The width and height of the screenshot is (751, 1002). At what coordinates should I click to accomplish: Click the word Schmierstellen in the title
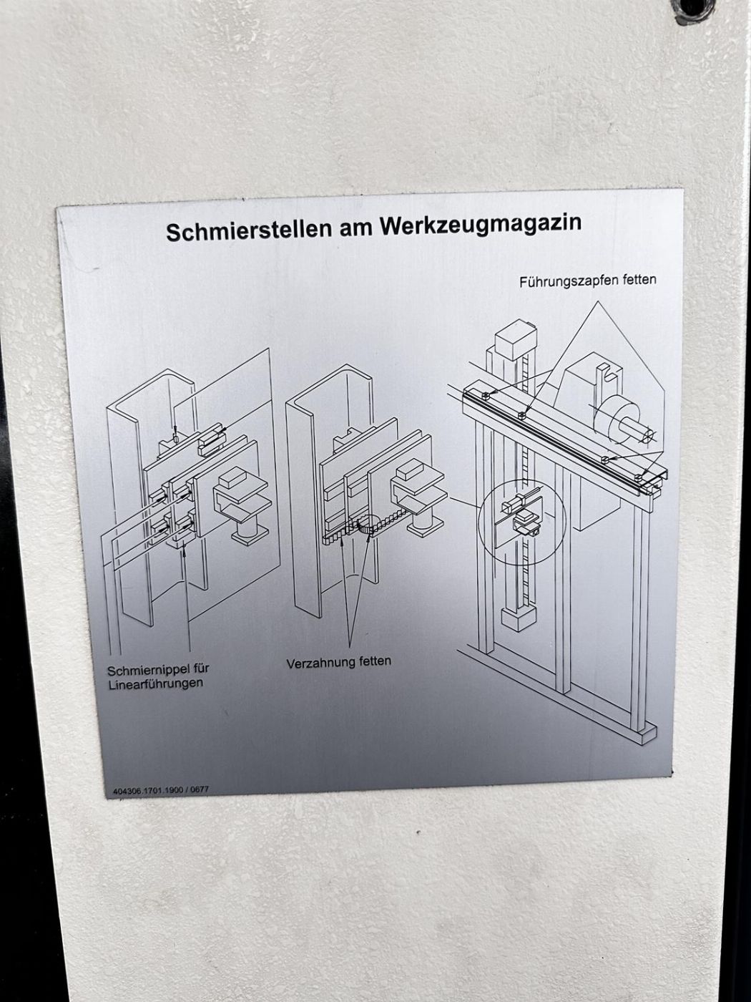pyautogui.click(x=249, y=230)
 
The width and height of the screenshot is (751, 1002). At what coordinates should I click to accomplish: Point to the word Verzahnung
pyautogui.click(x=320, y=663)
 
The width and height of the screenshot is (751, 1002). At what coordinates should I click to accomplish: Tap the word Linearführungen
pyautogui.click(x=155, y=684)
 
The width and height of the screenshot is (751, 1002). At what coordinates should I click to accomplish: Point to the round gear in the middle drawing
pyautogui.click(x=370, y=525)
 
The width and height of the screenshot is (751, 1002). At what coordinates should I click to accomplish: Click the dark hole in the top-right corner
pyautogui.click(x=692, y=10)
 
